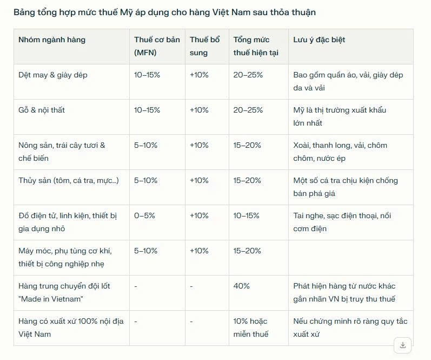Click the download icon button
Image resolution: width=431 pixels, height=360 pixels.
pos(402,345)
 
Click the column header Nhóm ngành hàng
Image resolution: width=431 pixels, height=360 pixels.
pos(52,40)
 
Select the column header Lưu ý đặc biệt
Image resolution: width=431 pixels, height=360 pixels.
pos(319,40)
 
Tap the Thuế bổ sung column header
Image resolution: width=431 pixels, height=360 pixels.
pos(205,46)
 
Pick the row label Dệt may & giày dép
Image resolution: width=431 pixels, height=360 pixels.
pos(52,75)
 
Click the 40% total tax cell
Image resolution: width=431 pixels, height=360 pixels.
pos(242,286)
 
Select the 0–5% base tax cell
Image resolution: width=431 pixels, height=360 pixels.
pos(144,215)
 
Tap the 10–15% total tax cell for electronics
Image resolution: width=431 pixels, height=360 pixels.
pos(247,215)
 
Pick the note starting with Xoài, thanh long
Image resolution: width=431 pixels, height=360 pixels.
pos(340,152)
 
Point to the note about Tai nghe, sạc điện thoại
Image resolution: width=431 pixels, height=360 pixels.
pos(342,222)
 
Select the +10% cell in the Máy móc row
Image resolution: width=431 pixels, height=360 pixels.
pos(199,251)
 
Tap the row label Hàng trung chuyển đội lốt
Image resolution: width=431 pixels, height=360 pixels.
pos(64,292)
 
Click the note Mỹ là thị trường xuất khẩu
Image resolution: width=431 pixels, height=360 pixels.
pos(340,116)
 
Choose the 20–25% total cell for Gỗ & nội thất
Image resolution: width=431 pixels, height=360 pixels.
pos(248,110)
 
